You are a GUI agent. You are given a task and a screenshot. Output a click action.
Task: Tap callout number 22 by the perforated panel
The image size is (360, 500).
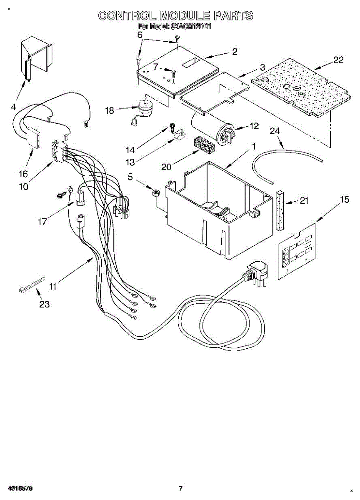click(338, 60)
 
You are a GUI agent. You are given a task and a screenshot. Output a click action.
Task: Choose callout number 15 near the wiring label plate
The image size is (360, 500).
click(344, 200)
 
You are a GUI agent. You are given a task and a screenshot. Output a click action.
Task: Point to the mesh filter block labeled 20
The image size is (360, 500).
click(204, 145)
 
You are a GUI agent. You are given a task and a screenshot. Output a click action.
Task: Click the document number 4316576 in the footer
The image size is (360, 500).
click(17, 488)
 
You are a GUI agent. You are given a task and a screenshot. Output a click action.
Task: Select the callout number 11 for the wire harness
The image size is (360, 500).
click(52, 286)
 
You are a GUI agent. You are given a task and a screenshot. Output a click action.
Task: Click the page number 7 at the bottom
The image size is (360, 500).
click(180, 488)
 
